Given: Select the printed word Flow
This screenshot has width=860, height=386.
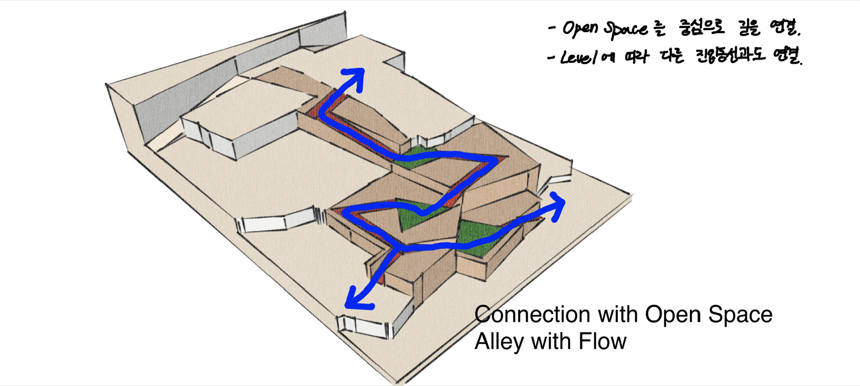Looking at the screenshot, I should coord(602,342).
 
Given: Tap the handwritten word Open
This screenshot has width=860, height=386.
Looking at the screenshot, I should coord(580,28).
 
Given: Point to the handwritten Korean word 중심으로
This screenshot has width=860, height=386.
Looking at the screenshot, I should coord(702,28).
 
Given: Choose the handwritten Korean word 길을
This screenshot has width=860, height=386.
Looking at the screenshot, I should coord(749,28).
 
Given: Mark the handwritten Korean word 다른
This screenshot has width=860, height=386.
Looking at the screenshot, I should coord(672,56).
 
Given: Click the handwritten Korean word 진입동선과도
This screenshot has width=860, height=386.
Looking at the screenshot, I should coord(730,56).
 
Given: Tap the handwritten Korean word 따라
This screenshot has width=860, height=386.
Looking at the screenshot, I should coord(636,57).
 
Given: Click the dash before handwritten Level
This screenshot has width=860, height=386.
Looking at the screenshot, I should coord(551,57).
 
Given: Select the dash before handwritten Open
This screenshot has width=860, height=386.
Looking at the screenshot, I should coord(552,28).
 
